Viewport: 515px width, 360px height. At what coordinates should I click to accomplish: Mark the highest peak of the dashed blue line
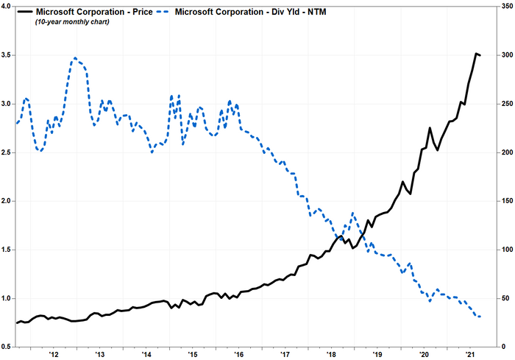coord(76,57)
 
